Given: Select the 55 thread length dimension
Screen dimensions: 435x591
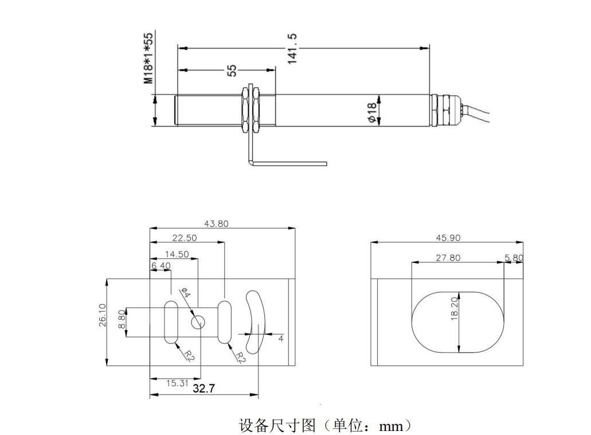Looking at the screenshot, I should pyautogui.click(x=231, y=70).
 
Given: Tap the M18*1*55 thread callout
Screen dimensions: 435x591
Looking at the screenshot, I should pyautogui.click(x=148, y=58).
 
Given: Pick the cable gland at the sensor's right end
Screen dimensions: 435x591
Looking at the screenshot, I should pyautogui.click(x=445, y=109).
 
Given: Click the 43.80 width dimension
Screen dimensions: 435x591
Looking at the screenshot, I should pyautogui.click(x=217, y=224).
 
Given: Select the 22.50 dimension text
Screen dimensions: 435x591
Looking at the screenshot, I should pyautogui.click(x=185, y=238).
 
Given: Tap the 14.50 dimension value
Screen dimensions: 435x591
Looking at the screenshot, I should pyautogui.click(x=177, y=254).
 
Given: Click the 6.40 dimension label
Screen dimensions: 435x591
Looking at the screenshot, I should pyautogui.click(x=161, y=266).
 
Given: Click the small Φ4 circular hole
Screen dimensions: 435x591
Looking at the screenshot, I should pyautogui.click(x=198, y=322).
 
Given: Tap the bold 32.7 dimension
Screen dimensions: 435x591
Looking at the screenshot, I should pyautogui.click(x=203, y=389).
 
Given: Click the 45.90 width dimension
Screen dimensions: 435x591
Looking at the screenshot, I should pyautogui.click(x=448, y=238).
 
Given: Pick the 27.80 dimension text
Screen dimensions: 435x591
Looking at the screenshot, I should pyautogui.click(x=448, y=258).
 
